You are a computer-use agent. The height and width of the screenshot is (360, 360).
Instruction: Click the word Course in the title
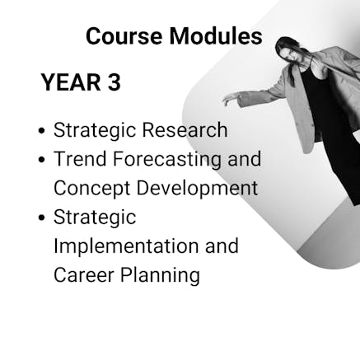(124, 36)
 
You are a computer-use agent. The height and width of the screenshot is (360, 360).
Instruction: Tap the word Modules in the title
(216, 35)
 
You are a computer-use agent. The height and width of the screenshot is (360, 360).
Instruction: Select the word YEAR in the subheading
(71, 82)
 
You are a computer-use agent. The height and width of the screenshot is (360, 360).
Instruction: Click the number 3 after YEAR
(114, 82)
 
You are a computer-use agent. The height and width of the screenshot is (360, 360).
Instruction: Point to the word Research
(185, 129)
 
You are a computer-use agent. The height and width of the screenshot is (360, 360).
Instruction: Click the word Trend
(80, 158)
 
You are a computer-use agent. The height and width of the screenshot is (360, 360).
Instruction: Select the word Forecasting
(167, 160)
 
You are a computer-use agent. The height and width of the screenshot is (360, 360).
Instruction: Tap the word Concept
(91, 189)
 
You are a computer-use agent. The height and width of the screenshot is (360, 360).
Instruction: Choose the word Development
(197, 189)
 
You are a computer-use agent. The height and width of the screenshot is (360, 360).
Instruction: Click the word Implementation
(126, 246)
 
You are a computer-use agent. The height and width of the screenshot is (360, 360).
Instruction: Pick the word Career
(84, 274)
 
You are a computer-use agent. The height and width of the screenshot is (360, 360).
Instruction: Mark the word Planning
(160, 275)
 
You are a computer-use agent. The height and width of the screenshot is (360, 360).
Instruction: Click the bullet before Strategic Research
(41, 130)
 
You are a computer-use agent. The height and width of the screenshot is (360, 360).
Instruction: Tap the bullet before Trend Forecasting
(41, 159)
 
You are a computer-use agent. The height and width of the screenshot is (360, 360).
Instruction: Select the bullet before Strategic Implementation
(41, 217)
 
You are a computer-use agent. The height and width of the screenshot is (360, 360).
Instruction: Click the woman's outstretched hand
(230, 99)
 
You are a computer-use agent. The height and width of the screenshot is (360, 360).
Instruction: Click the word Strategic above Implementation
(95, 217)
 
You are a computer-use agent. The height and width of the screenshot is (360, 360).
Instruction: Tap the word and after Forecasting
(245, 158)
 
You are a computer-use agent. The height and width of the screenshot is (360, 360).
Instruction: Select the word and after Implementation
(222, 245)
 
